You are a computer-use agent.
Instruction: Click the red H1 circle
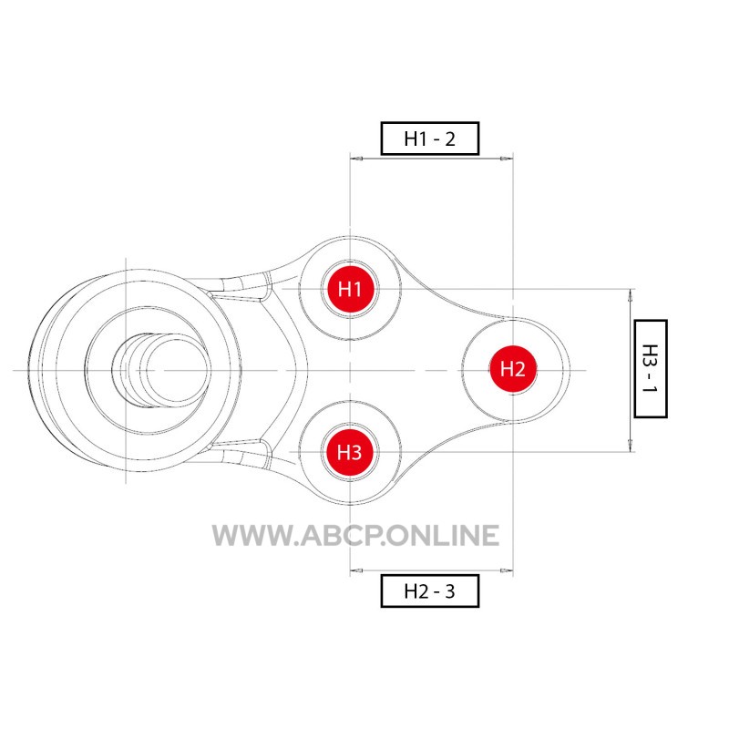(350, 289)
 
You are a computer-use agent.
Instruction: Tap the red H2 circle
(513, 370)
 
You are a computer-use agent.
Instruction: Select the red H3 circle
(350, 452)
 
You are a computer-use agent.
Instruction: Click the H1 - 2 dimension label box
(429, 139)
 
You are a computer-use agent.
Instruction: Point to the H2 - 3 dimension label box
(429, 590)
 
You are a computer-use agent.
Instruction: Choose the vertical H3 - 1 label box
(651, 369)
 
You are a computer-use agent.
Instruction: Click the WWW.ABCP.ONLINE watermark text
(355, 535)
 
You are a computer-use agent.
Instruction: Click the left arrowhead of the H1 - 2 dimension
(356, 159)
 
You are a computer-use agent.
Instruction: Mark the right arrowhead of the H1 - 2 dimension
(507, 159)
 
